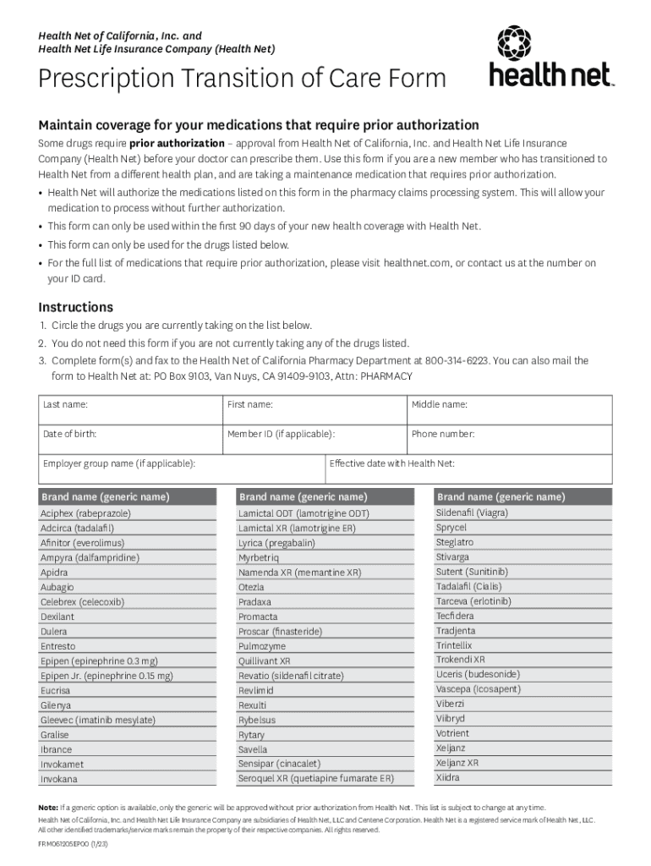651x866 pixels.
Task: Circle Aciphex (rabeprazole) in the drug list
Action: [x=85, y=513]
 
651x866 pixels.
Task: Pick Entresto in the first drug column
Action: [x=57, y=646]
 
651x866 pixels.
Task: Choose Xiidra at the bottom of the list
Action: [x=448, y=777]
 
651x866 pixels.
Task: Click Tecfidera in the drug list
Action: [x=455, y=616]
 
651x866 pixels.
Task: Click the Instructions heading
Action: [x=75, y=307]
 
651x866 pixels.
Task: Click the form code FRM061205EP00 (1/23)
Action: [x=74, y=844]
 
